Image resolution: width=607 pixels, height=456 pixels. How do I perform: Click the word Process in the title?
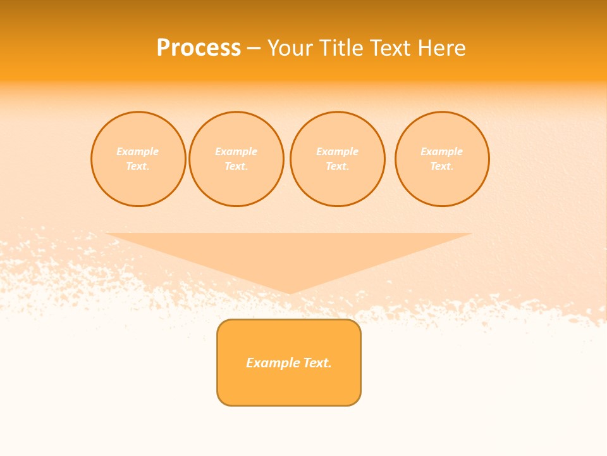199,48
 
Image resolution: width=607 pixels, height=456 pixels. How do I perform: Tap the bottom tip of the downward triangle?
289,293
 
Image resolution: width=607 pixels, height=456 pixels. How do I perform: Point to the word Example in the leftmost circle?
138,152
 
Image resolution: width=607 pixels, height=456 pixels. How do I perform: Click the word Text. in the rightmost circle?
442,167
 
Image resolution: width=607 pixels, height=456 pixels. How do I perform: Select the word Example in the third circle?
337,152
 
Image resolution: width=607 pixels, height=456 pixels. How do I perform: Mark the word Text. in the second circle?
236,167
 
